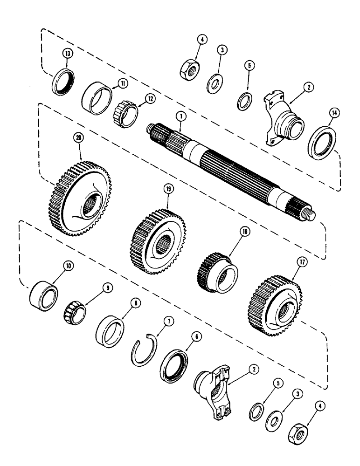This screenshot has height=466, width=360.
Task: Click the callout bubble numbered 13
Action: [x=69, y=54]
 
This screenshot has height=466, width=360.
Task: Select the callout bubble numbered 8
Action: [x=123, y=302]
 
